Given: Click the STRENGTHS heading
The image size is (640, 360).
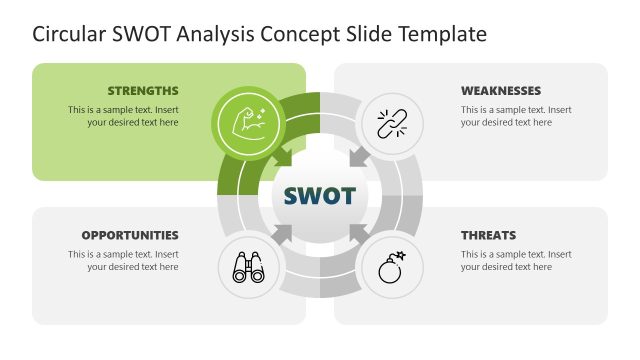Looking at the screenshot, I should click(x=143, y=91).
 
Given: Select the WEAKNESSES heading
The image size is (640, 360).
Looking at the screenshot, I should click(x=501, y=91).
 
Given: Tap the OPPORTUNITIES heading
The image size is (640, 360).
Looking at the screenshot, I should click(x=130, y=236).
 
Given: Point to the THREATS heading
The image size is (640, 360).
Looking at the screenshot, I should click(x=488, y=236).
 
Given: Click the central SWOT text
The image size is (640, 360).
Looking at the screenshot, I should click(x=320, y=195).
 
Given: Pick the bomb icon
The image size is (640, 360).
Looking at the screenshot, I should click(x=389, y=267).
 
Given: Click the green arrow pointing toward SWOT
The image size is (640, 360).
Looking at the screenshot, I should click(x=283, y=158).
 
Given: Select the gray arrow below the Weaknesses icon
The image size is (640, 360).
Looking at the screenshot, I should click(x=356, y=158).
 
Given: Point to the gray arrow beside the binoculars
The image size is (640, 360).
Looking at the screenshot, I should click(x=284, y=234).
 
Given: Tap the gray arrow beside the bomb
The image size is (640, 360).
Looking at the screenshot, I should click(x=355, y=234).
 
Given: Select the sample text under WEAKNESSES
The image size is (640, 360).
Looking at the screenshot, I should click(x=516, y=116).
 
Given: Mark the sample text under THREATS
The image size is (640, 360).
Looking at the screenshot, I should click(x=516, y=260).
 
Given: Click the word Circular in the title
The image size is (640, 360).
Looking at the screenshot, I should click(x=69, y=35).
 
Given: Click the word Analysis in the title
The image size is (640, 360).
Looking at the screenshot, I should click(x=215, y=35).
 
